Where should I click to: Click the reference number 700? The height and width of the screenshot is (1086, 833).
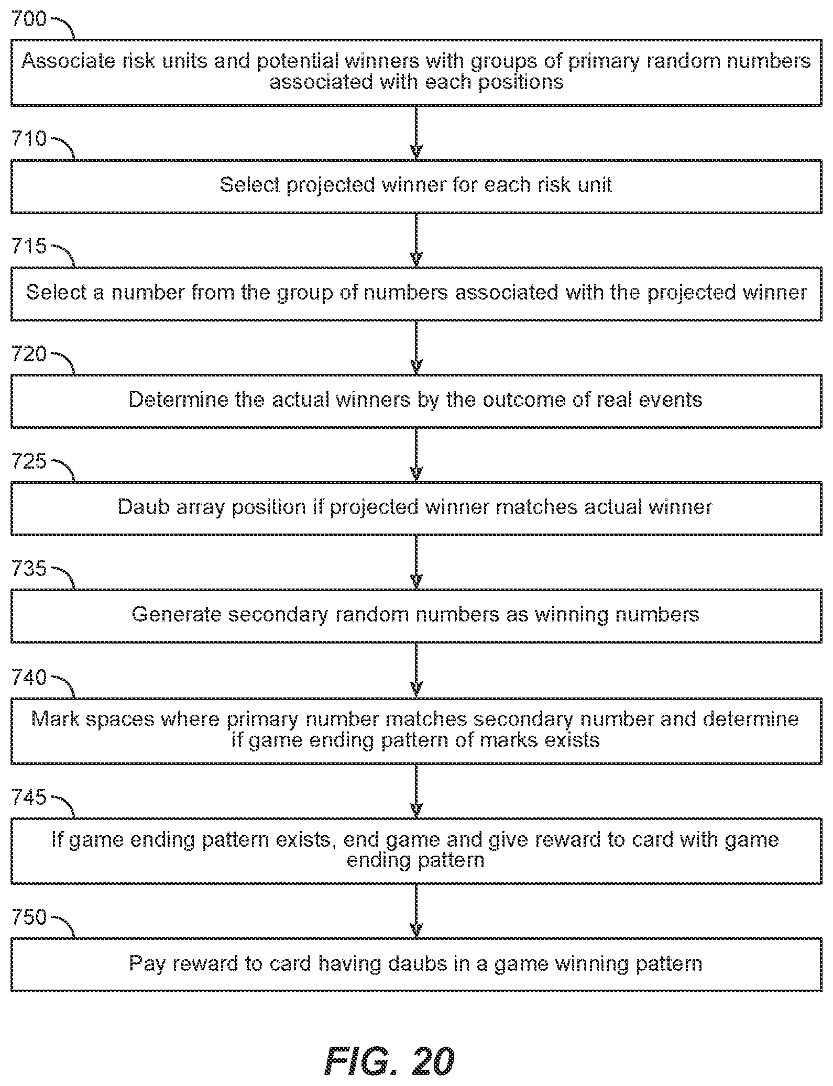[x=29, y=19]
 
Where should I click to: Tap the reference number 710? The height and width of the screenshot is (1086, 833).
[x=29, y=139]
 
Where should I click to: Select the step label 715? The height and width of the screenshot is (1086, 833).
[x=29, y=246]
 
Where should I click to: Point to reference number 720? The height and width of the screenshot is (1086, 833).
[x=29, y=354]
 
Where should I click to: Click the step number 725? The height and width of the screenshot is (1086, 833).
[x=29, y=461]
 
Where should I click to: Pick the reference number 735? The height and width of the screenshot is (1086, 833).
[x=29, y=569]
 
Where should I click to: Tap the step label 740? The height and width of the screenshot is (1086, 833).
[x=29, y=678]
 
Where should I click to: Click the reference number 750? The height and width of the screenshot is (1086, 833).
[x=29, y=917]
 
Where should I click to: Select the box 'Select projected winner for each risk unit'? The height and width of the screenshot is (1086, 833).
[x=416, y=186]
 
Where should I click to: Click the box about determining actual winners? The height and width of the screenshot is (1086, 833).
[x=416, y=401]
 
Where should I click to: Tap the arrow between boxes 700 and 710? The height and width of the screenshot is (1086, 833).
[x=416, y=132]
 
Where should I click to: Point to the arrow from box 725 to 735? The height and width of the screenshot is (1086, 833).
[x=416, y=562]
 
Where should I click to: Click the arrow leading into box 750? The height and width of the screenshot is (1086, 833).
[x=416, y=912]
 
